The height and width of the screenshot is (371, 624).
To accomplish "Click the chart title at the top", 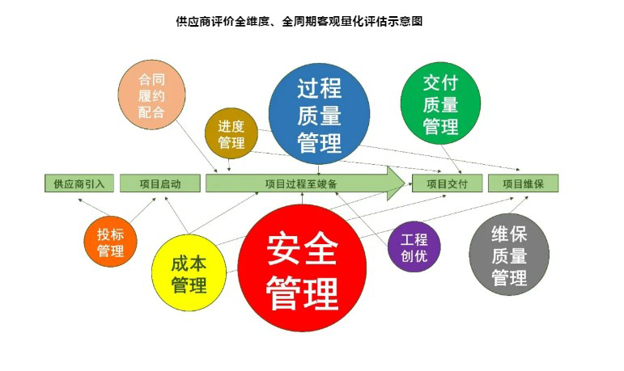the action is tap(299, 21).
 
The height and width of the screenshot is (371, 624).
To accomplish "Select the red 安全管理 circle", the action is tap(302, 268).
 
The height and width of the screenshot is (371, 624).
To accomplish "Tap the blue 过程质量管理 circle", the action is tap(319, 114).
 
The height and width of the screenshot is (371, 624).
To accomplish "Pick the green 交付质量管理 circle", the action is tap(440, 103).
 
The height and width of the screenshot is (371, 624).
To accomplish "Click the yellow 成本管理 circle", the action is tap(189, 272).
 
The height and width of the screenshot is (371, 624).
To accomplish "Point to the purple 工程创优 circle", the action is tap(414, 247).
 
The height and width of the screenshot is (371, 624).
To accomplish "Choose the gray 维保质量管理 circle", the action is tap(509, 255).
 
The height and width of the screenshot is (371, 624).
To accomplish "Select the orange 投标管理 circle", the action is tap(110, 242).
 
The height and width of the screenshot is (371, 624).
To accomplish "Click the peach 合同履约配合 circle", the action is tap(151, 95).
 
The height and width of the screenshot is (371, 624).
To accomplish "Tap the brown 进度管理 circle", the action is tap(231, 133).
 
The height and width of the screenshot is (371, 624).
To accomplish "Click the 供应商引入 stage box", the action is tap(79, 183).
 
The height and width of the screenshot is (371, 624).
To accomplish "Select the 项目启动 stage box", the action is tap(160, 183).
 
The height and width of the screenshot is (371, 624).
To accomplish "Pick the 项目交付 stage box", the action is tap(447, 183).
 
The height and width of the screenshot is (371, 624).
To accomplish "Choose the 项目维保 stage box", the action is tap(524, 183).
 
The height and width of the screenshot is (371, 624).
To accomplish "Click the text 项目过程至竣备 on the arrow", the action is tap(301, 183).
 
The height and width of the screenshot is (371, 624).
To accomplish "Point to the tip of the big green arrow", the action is tap(405, 183).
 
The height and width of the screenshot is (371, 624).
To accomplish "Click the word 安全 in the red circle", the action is tap(302, 249).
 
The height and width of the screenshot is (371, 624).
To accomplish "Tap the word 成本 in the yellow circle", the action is tap(189, 263).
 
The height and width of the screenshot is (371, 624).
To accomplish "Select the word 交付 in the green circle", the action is tap(440, 83).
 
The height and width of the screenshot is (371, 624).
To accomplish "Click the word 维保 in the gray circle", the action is tap(509, 234).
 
